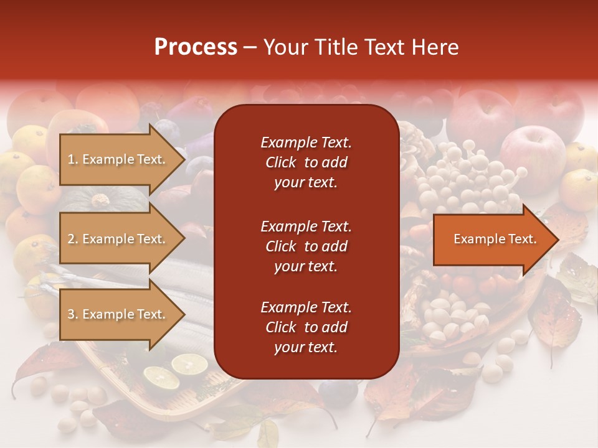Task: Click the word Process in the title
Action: [x=196, y=47]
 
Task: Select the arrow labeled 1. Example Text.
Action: [x=118, y=159]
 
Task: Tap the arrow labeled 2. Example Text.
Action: [x=118, y=239]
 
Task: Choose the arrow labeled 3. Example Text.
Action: [x=118, y=314]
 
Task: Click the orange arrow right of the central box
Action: [x=492, y=239]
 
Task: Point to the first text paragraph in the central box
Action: [x=306, y=162]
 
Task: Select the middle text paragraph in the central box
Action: [x=306, y=246]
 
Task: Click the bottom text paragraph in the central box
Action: [x=306, y=327]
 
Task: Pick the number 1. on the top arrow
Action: [x=73, y=159]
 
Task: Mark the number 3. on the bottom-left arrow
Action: [x=73, y=314]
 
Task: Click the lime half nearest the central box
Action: [x=189, y=364]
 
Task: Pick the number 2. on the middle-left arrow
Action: [x=73, y=239]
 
